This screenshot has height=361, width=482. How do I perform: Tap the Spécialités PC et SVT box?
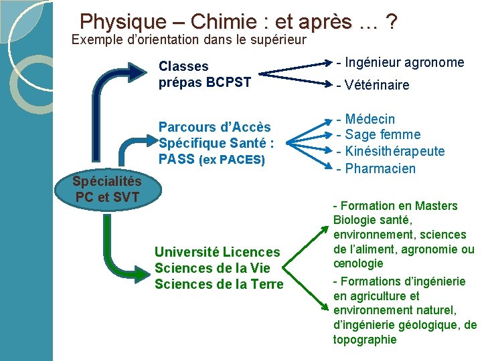(x=107, y=189)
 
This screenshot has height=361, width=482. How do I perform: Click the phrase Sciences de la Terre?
(x=219, y=284)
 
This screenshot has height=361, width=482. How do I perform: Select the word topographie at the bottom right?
(x=365, y=340)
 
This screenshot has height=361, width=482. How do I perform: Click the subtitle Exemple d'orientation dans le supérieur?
(x=189, y=39)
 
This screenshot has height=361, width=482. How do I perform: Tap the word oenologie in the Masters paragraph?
(x=358, y=263)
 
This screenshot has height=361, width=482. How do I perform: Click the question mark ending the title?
(x=391, y=22)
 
